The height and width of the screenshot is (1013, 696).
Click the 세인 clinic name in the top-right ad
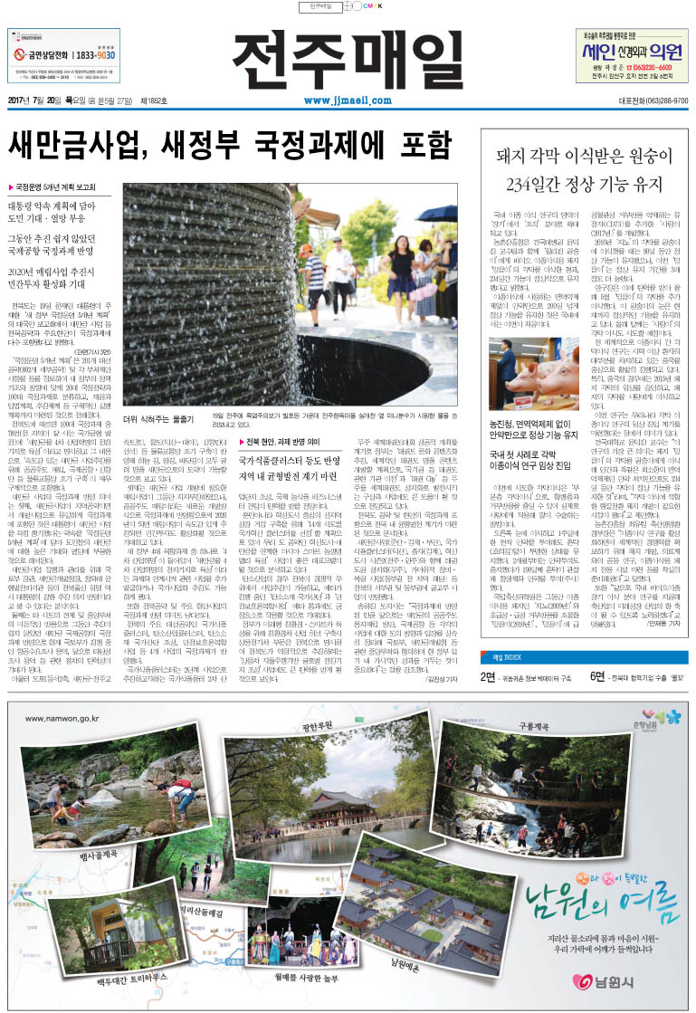point(600,51)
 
